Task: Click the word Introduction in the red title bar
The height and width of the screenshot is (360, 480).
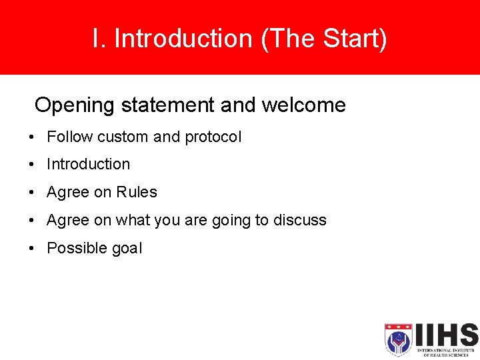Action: coord(183,39)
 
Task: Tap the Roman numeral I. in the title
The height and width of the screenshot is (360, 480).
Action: coord(99,39)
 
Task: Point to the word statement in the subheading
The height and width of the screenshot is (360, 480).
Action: coord(171,105)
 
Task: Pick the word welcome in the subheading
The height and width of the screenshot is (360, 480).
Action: coord(303,105)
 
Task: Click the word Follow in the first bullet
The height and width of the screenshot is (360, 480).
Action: coord(70,137)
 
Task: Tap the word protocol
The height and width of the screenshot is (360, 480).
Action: coord(213,137)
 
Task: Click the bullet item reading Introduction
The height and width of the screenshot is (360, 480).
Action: coord(88,164)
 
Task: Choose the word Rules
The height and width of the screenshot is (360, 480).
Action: coord(137,192)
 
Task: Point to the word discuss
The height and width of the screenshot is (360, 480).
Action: coord(300,220)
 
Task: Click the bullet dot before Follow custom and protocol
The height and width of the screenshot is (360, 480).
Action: coord(31,137)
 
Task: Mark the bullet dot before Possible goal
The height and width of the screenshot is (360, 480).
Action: coord(31,249)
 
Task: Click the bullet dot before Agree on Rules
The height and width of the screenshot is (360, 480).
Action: coord(31,193)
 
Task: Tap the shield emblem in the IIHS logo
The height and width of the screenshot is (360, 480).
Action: coord(398,340)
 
